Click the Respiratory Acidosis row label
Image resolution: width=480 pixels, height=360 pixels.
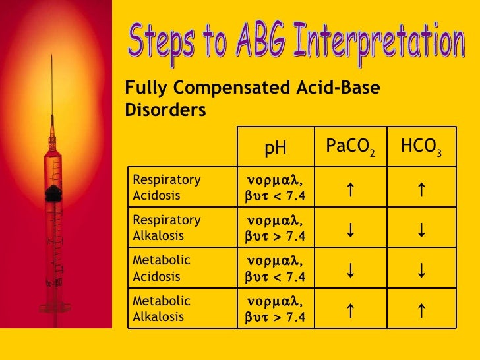(167, 188)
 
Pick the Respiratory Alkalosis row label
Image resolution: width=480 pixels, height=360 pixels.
(167, 227)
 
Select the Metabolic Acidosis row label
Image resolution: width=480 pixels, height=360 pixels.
(162, 269)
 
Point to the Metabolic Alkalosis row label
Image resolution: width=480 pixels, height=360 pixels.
(162, 309)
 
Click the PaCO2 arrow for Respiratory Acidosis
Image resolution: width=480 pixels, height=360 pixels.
(351, 189)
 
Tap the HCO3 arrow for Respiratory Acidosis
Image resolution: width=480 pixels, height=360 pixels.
(421, 189)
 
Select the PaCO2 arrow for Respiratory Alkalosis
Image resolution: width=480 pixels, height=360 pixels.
(351, 229)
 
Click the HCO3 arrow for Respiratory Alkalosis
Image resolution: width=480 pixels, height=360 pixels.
(421, 229)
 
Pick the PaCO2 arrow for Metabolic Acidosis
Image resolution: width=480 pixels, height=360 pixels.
(351, 270)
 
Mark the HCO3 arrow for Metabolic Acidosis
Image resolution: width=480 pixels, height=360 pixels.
(421, 270)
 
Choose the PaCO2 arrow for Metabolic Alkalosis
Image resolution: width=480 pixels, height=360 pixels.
(351, 310)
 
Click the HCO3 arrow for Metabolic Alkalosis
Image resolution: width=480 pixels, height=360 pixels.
(421, 310)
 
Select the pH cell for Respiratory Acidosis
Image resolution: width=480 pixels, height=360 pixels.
(276, 188)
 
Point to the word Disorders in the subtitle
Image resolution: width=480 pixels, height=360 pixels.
(165, 109)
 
